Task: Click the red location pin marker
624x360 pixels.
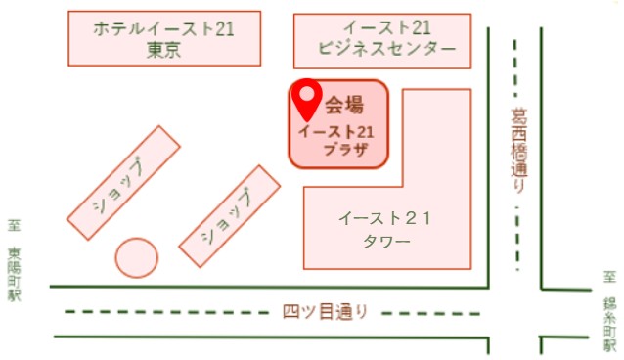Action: pos(307,100)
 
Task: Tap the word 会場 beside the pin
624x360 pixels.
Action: pos(344,105)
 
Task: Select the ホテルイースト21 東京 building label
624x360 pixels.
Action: pos(163,39)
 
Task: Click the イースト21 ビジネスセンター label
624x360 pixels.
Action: pos(386,38)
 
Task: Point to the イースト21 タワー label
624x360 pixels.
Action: pos(385,230)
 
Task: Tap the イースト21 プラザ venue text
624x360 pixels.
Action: pos(336,140)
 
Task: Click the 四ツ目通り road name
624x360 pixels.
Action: pos(326,312)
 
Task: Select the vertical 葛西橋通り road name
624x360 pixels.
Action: pos(519,150)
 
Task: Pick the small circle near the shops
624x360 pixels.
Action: pos(137,257)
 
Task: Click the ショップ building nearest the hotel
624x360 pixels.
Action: pos(123,183)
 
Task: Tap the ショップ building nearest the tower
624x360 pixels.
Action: pos(230,216)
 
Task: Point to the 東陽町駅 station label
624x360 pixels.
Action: pos(15,274)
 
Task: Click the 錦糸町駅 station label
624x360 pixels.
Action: pos(610,324)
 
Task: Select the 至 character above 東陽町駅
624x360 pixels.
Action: pos(15,226)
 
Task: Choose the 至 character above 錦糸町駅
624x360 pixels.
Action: pos(609,277)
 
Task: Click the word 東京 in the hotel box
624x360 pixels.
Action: pos(163,50)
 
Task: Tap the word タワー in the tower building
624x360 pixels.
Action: pos(386,242)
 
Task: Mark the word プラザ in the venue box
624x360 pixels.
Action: pos(346,150)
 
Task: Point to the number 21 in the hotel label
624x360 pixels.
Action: pos(224,29)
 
